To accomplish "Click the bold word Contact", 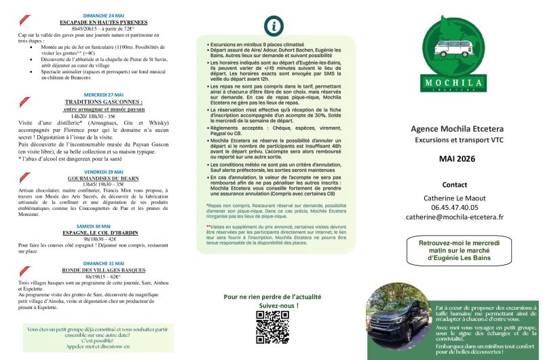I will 454,184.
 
